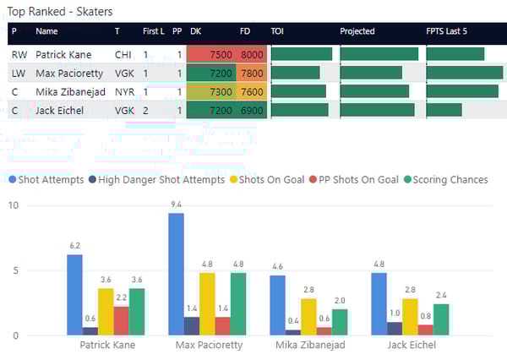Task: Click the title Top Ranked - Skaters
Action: [60, 12]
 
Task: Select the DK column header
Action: [196, 31]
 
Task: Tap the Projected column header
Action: [357, 31]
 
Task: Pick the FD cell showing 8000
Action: [252, 54]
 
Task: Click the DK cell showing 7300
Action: [220, 91]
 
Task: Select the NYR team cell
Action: [123, 91]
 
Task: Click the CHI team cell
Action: [123, 54]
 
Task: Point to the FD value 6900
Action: [252, 110]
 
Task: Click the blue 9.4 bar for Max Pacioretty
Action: [176, 274]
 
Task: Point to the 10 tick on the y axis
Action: [13, 206]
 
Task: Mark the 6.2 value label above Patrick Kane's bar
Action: [74, 245]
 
